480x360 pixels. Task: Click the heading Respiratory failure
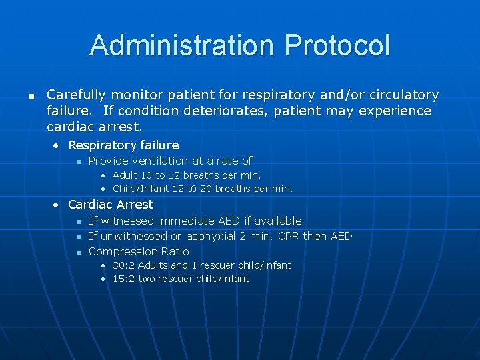[123, 145]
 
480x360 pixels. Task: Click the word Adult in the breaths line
[125, 175]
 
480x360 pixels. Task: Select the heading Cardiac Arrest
[111, 205]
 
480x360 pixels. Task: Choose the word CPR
[288, 236]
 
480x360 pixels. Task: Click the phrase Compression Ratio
[139, 251]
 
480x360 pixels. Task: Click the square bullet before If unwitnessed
[78, 237]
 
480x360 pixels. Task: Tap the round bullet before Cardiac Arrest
[58, 205]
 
